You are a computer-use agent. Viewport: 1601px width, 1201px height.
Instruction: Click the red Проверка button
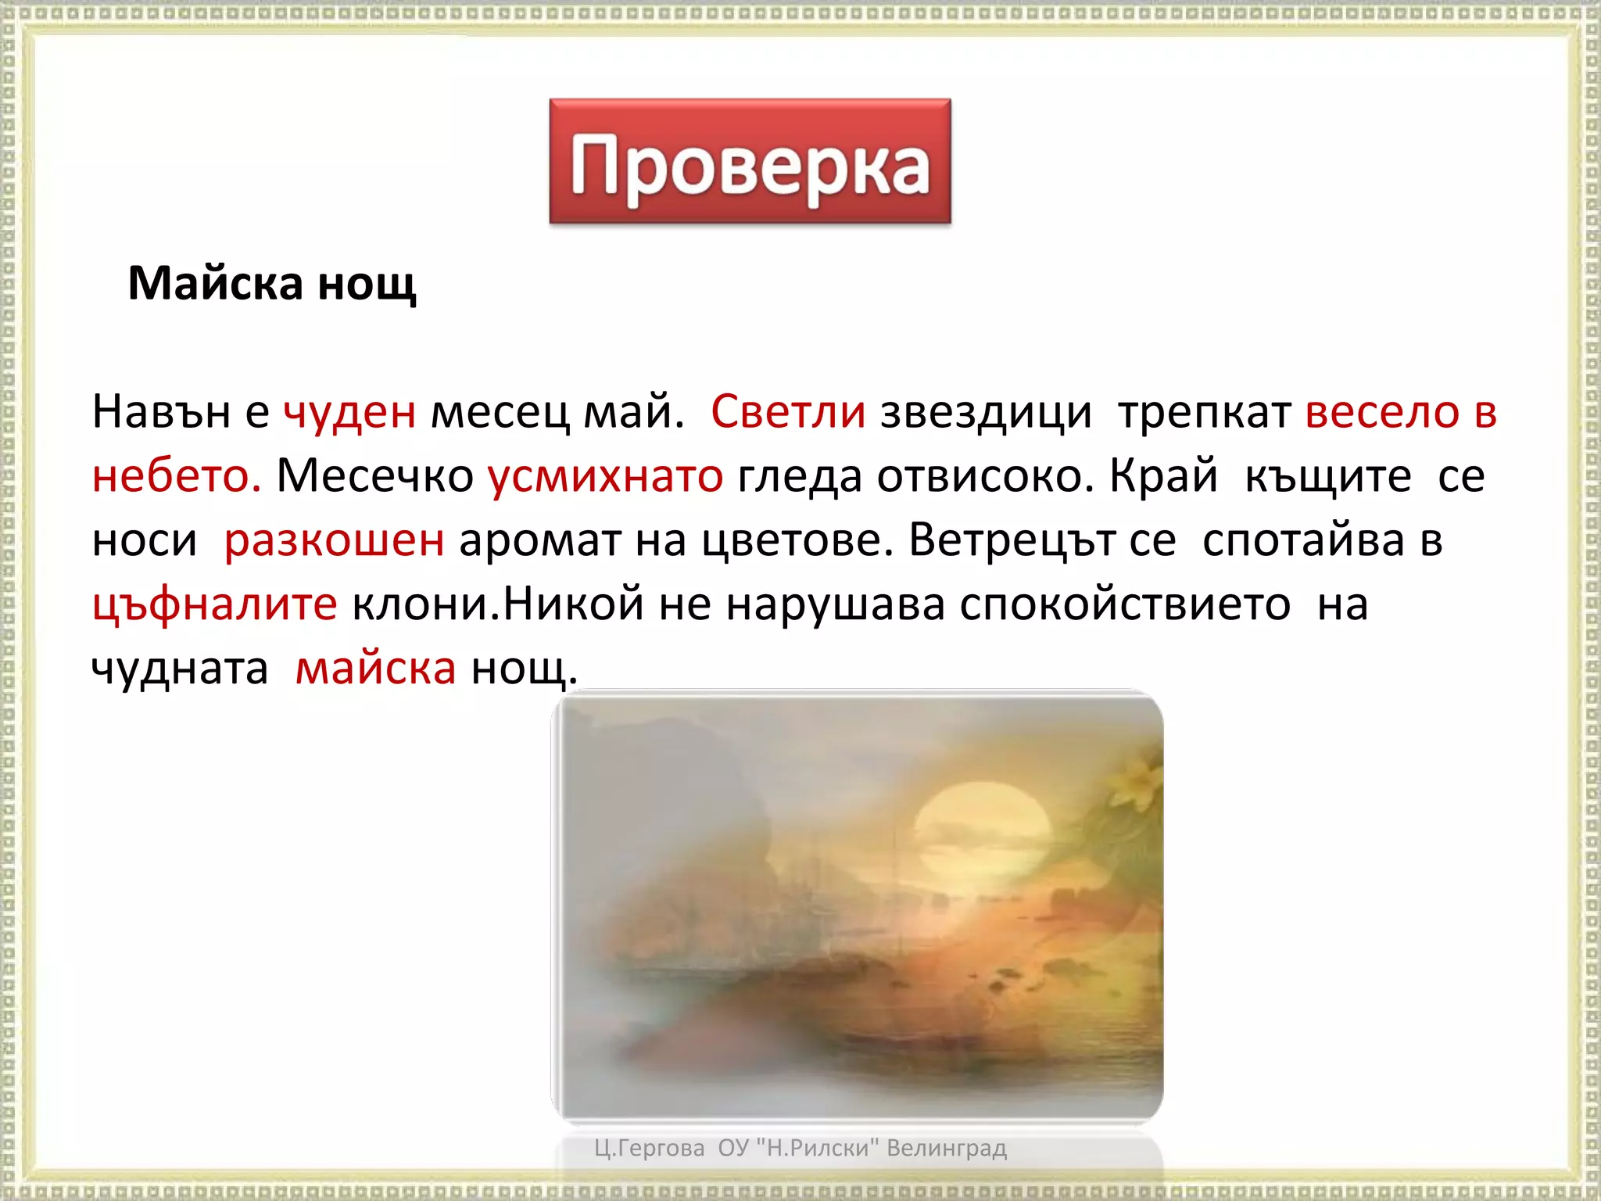[x=750, y=162]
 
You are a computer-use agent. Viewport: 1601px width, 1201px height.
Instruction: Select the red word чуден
[x=349, y=412]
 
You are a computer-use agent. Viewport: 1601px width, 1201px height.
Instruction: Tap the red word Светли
[x=787, y=412]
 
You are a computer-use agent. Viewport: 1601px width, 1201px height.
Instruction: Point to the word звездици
[x=985, y=412]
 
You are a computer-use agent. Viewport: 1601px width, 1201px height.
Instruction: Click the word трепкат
[x=1204, y=412]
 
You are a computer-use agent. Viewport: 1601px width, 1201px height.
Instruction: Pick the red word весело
[x=1381, y=412]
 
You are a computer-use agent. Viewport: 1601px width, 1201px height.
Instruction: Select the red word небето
[x=176, y=476]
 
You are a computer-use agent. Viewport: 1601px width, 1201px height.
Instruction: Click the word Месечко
[x=375, y=476]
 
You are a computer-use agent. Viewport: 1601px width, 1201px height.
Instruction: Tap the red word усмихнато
[x=606, y=476]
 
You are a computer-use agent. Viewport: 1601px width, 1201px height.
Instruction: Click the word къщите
[x=1327, y=476]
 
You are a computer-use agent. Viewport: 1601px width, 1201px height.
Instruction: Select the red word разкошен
[x=334, y=540]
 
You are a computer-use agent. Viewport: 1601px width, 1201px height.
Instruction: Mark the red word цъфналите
[x=214, y=604]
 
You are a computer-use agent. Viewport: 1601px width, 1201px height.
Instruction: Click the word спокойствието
[x=1125, y=604]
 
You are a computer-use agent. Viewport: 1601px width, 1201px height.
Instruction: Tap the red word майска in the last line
[x=375, y=669]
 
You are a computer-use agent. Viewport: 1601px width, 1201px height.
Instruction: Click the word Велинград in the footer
[x=947, y=1148]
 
